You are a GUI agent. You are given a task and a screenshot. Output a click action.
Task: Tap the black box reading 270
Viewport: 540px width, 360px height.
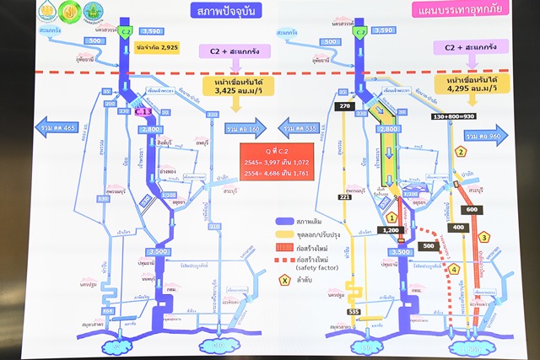[321, 107]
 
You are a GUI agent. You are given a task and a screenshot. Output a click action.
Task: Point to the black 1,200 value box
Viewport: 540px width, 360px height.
[391, 229]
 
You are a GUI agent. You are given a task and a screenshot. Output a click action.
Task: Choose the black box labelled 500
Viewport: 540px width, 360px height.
[429, 245]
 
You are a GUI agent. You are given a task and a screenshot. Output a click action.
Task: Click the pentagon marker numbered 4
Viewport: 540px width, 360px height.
[455, 270]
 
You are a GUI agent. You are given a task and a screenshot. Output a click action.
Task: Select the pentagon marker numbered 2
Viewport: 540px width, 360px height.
[461, 153]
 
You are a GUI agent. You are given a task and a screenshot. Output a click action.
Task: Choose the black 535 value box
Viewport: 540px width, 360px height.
[353, 312]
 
